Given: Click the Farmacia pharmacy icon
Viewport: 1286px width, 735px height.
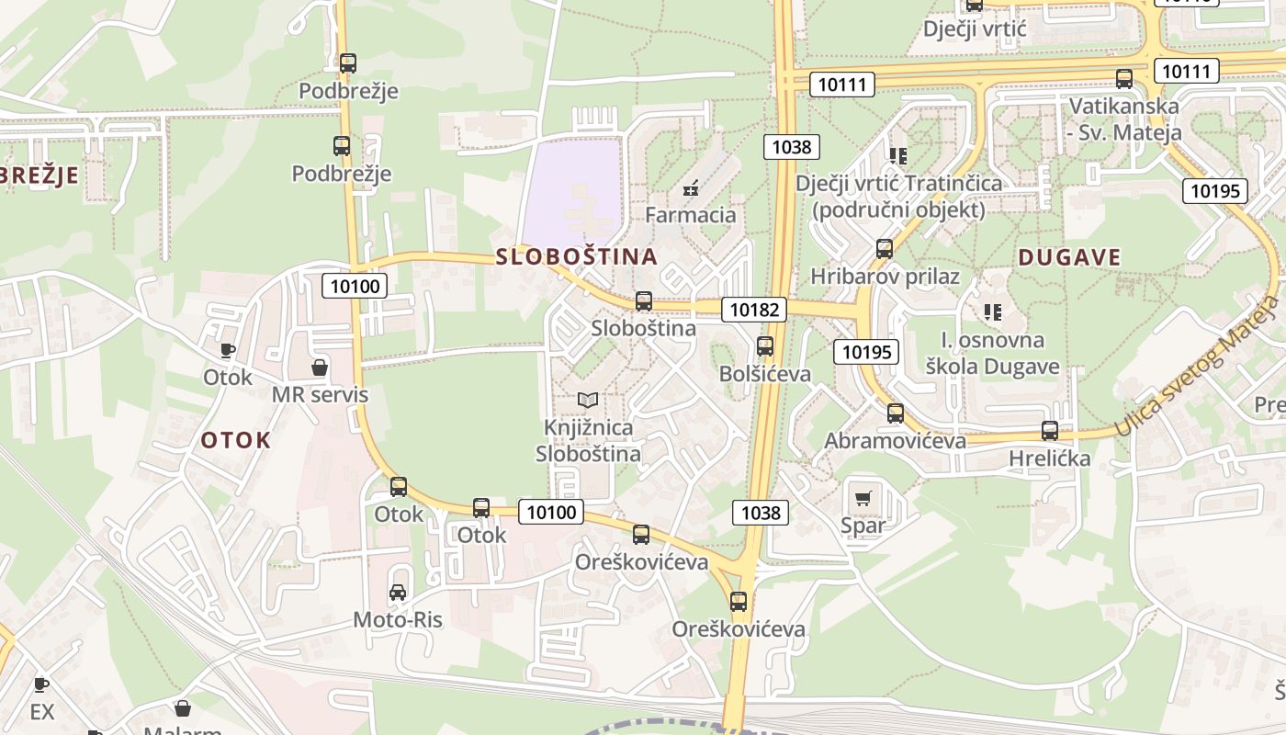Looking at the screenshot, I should pyautogui.click(x=691, y=189).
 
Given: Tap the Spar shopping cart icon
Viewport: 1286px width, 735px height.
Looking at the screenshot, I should pyautogui.click(x=863, y=499).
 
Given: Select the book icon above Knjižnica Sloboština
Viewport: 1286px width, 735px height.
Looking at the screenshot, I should pyautogui.click(x=588, y=400).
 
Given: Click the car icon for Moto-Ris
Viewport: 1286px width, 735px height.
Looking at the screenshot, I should pyautogui.click(x=398, y=593).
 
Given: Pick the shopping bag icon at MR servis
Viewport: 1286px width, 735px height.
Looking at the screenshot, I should pyautogui.click(x=320, y=367).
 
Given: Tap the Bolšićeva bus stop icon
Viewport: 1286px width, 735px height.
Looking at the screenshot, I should pyautogui.click(x=764, y=346).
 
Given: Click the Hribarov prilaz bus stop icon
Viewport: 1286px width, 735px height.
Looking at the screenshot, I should pyautogui.click(x=885, y=249).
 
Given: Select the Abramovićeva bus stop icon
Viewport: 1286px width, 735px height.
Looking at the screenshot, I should pyautogui.click(x=896, y=413).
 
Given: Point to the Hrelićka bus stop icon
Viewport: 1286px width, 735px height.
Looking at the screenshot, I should pyautogui.click(x=1050, y=430).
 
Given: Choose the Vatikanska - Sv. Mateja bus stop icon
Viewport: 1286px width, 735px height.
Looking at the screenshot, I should pyautogui.click(x=1124, y=79).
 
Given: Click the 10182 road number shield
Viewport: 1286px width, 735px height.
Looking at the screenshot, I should pyautogui.click(x=755, y=310).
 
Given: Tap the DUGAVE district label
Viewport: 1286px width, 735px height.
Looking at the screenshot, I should pyautogui.click(x=1069, y=257).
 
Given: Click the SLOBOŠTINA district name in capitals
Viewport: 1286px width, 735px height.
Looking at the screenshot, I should pyautogui.click(x=577, y=256).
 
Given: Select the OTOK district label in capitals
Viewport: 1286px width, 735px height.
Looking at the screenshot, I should pyautogui.click(x=236, y=440).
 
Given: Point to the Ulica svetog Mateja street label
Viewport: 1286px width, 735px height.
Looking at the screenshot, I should pyautogui.click(x=1198, y=367).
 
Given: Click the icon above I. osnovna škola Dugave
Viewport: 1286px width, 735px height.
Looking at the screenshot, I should pyautogui.click(x=992, y=312).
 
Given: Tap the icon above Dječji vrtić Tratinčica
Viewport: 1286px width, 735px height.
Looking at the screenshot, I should pyautogui.click(x=897, y=156).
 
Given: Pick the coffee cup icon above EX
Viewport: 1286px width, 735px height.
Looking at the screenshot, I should pyautogui.click(x=41, y=684).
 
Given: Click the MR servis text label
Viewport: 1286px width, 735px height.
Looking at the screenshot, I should pyautogui.click(x=320, y=395).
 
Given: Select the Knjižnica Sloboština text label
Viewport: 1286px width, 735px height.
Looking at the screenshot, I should pyautogui.click(x=588, y=440).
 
